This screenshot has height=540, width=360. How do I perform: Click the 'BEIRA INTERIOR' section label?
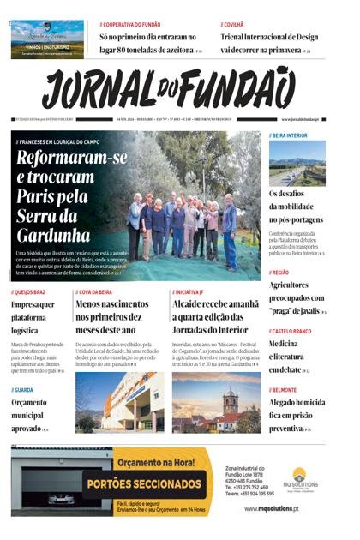point(291,135)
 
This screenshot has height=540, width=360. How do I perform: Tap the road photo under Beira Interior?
point(297,162)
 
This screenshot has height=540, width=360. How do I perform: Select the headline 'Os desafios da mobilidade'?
point(297,206)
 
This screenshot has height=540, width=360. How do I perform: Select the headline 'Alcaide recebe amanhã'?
point(215,316)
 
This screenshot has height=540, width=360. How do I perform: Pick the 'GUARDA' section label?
point(25,389)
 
